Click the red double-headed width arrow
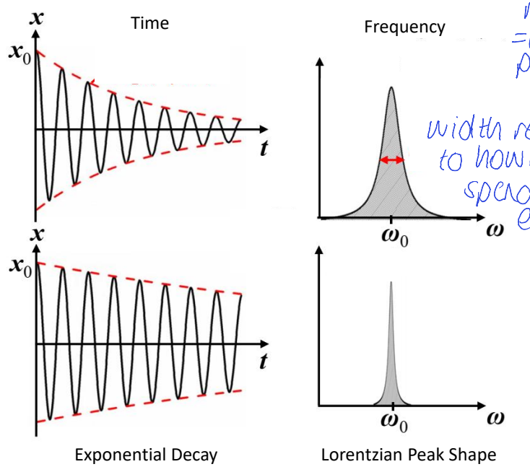point(392,159)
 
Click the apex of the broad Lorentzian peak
point(391,88)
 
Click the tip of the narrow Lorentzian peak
point(391,282)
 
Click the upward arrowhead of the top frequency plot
point(318,61)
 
